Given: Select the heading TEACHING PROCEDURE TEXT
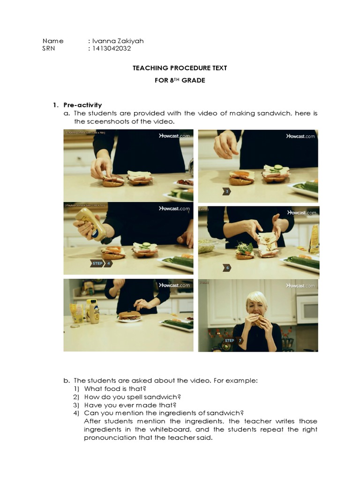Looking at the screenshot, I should [180, 68].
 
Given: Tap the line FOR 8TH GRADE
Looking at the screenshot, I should [180, 80].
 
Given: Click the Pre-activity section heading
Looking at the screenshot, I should [82, 105].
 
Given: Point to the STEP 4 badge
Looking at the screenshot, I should [101, 263].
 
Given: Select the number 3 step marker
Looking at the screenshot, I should [226, 191].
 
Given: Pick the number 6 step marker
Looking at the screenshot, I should [227, 268].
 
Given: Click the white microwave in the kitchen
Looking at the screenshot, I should [307, 309].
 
